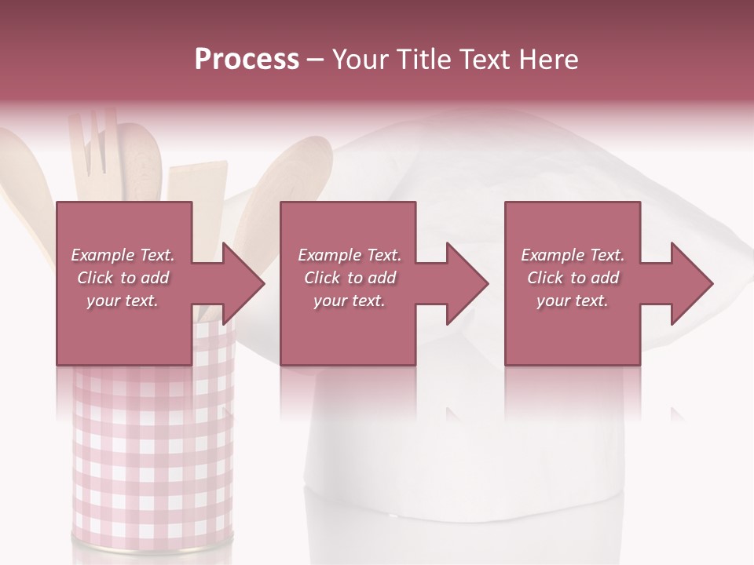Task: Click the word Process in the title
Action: pos(247,60)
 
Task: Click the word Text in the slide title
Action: pos(485,60)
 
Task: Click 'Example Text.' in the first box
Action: pos(123,255)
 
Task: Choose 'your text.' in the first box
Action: pos(123,301)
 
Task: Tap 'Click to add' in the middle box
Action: pos(350,278)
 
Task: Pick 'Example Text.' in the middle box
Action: pos(350,255)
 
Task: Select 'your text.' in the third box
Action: pos(573,301)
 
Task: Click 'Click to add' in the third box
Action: pos(573,278)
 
